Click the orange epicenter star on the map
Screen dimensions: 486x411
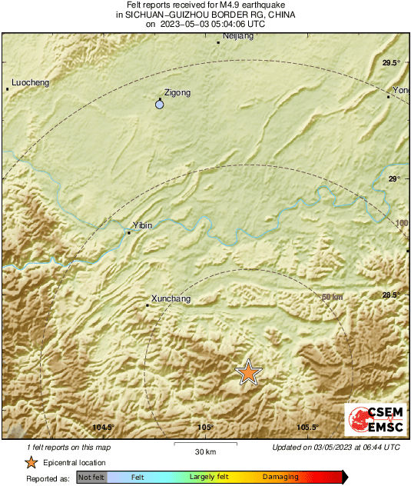pyautogui.click(x=248, y=372)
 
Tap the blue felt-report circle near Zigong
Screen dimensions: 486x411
pyautogui.click(x=160, y=104)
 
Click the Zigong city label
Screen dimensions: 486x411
pyautogui.click(x=177, y=92)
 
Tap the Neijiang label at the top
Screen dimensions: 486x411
pyautogui.click(x=237, y=36)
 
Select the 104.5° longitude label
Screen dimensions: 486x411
pyautogui.click(x=103, y=428)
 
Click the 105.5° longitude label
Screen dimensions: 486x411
pyautogui.click(x=307, y=428)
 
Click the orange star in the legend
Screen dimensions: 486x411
pyautogui.click(x=31, y=462)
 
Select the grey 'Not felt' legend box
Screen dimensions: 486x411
pyautogui.click(x=91, y=478)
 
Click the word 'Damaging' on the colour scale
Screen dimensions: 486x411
pyautogui.click(x=280, y=478)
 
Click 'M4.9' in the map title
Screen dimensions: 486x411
pyautogui.click(x=220, y=5)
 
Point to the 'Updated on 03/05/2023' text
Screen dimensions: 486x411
pyautogui.click(x=336, y=448)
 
